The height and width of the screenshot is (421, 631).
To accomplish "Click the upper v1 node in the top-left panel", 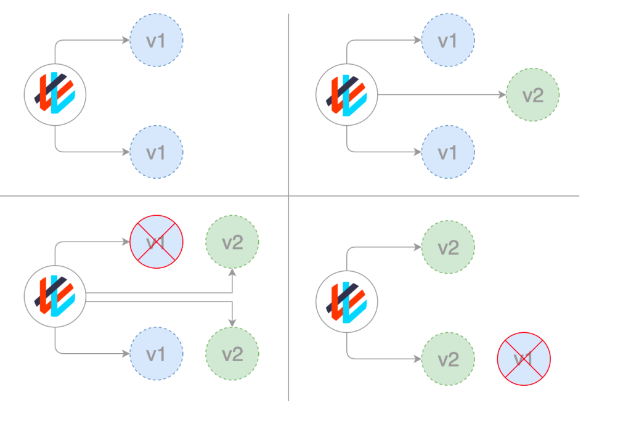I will point(157,41).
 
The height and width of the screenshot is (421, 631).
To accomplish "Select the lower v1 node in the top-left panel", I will point(157,152).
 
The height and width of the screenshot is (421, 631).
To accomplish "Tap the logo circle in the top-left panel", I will point(55,95).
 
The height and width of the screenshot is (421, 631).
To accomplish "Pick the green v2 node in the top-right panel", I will point(532,95).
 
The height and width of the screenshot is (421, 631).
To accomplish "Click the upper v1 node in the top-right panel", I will point(448,41).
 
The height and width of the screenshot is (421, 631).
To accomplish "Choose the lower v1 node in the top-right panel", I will point(448,152).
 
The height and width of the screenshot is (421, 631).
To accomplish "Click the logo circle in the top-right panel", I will point(346,95).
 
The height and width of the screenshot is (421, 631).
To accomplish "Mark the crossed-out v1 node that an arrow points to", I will point(157,242).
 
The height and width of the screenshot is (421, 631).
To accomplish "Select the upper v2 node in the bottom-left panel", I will point(232,242).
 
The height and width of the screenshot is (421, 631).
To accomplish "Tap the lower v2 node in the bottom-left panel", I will point(232,354).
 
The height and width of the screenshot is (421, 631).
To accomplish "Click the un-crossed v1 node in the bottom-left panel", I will point(157,354).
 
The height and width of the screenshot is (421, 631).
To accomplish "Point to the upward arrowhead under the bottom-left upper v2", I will point(232,272).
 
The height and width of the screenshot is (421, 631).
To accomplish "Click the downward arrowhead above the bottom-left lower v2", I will point(232,323).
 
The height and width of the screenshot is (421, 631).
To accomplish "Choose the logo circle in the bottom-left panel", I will point(55,298).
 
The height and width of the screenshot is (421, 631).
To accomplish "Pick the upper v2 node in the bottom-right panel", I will point(448,248).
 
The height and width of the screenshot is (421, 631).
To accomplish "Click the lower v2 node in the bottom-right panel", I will point(448,359).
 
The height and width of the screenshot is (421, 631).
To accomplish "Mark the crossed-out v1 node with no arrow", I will point(524,359).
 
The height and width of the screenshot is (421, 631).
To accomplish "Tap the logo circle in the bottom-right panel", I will point(346,303).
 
